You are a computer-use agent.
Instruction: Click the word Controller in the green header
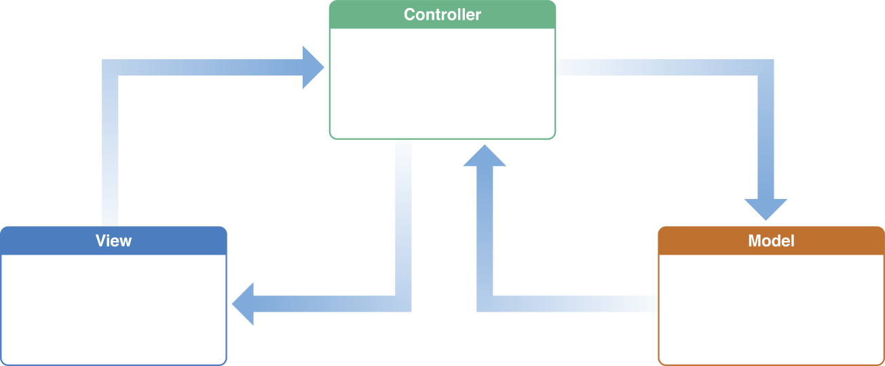pyautogui.click(x=442, y=14)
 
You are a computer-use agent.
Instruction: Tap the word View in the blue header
pyautogui.click(x=113, y=241)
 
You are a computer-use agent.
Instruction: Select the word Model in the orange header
pyautogui.click(x=771, y=241)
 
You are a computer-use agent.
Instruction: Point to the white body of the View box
pyautogui.click(x=113, y=309)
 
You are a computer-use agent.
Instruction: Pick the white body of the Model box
pyautogui.click(x=771, y=309)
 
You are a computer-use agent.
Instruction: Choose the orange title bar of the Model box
pyautogui.click(x=699, y=241)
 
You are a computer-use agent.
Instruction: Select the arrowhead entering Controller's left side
pyautogui.click(x=313, y=67)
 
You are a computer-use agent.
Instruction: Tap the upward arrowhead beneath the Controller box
pyautogui.click(x=485, y=157)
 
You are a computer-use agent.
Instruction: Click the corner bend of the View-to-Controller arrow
pyautogui.click(x=111, y=68)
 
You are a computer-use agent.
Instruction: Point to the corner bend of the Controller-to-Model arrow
pyautogui.click(x=766, y=68)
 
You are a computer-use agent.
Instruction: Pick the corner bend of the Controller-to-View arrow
pyautogui.click(x=402, y=303)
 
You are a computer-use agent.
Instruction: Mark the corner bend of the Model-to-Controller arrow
pyautogui.click(x=485, y=303)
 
